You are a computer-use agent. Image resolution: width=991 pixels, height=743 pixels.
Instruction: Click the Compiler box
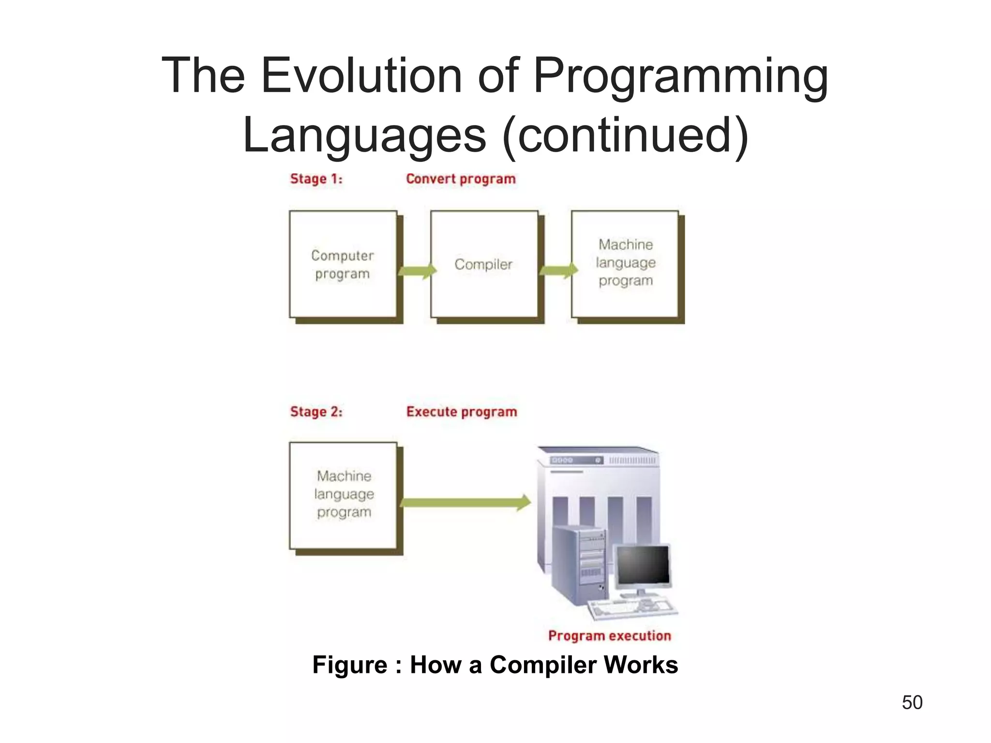pyautogui.click(x=484, y=264)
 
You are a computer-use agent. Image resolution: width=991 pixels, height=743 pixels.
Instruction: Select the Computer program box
pyautogui.click(x=343, y=264)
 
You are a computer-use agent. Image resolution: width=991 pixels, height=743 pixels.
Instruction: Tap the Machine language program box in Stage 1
pyautogui.click(x=625, y=264)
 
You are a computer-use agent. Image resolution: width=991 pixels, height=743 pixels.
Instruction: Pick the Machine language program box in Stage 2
pyautogui.click(x=343, y=495)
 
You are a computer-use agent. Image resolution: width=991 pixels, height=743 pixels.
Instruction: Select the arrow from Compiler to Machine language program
pyautogui.click(x=558, y=270)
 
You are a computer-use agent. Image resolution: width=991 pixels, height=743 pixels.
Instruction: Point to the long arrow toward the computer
pyautogui.click(x=465, y=503)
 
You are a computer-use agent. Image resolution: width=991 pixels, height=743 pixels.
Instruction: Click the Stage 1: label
pyautogui.click(x=316, y=179)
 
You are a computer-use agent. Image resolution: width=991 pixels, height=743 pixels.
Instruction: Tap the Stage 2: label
pyautogui.click(x=316, y=412)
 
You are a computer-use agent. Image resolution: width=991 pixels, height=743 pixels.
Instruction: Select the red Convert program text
pyautogui.click(x=461, y=179)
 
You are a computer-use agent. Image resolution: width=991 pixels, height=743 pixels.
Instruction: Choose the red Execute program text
pyautogui.click(x=462, y=412)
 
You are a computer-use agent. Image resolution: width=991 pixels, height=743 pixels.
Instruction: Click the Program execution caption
pyautogui.click(x=609, y=636)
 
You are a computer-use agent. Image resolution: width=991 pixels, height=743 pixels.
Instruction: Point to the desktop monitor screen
pyautogui.click(x=643, y=565)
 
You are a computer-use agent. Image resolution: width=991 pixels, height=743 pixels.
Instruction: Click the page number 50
pyautogui.click(x=912, y=702)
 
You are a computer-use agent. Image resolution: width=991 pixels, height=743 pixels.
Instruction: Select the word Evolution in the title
pyautogui.click(x=361, y=76)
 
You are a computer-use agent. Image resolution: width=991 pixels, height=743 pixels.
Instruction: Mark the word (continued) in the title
pyautogui.click(x=625, y=135)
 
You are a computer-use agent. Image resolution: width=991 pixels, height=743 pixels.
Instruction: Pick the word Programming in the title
pyautogui.click(x=680, y=76)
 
